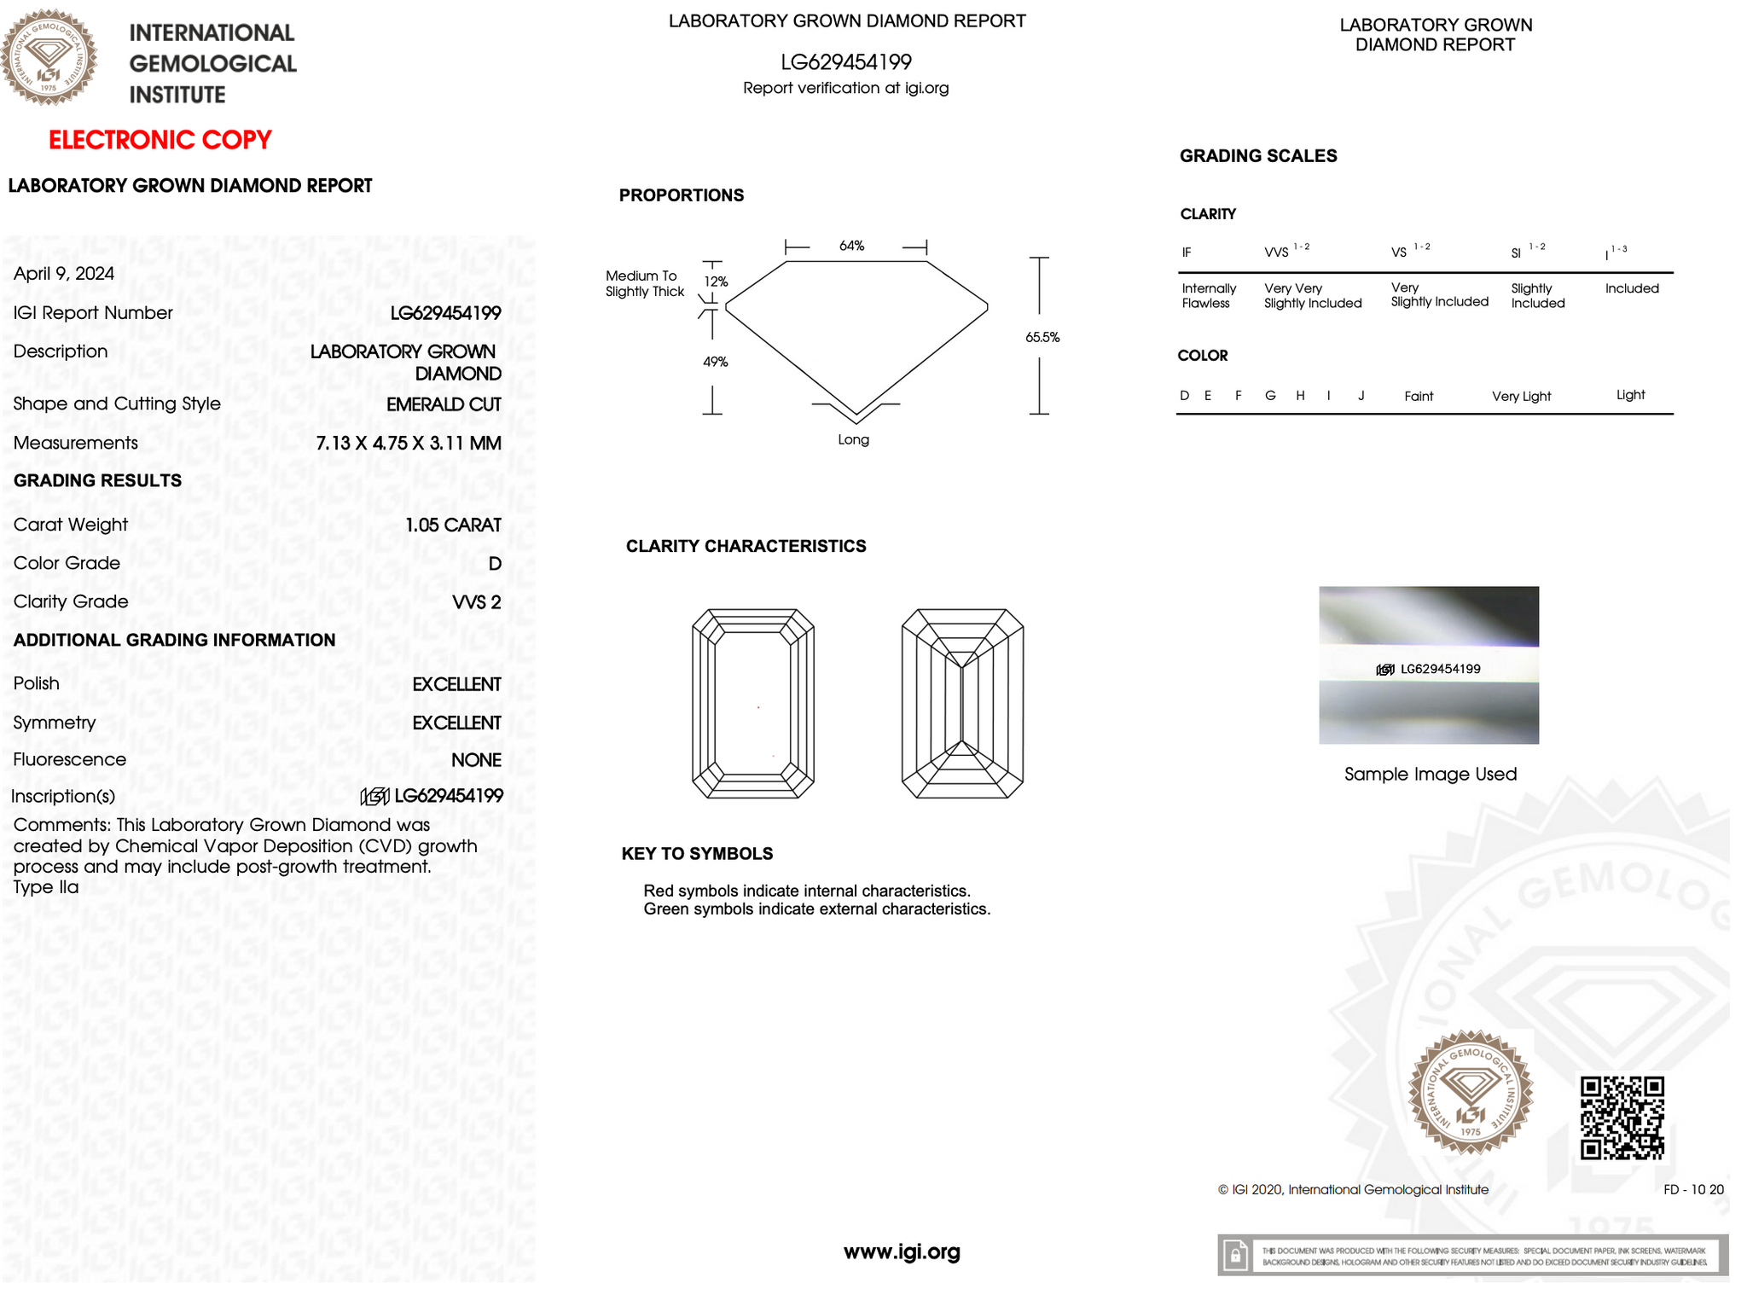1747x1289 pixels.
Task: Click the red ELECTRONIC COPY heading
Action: pyautogui.click(x=160, y=140)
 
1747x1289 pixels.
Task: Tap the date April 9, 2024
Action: pyautogui.click(x=64, y=274)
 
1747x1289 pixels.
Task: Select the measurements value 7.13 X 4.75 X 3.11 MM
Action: pyautogui.click(x=408, y=444)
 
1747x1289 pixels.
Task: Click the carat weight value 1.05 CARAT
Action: pyautogui.click(x=453, y=525)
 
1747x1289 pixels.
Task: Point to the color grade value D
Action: pyautogui.click(x=495, y=564)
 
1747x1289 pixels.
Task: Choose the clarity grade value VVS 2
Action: pyautogui.click(x=476, y=602)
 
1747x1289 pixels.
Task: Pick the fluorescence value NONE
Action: pyautogui.click(x=476, y=760)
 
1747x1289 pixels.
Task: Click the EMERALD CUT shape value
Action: pyautogui.click(x=444, y=404)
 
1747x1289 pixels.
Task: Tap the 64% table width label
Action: pyautogui.click(x=851, y=247)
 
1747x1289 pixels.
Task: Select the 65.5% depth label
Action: pyautogui.click(x=1042, y=338)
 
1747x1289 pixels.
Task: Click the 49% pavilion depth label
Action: pyautogui.click(x=716, y=363)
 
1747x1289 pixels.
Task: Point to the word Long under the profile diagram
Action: pyautogui.click(x=853, y=440)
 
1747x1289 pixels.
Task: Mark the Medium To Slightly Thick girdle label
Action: pyautogui.click(x=645, y=284)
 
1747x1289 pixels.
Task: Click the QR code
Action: pyautogui.click(x=1622, y=1118)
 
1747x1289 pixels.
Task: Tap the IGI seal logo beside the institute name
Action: pyautogui.click(x=49, y=57)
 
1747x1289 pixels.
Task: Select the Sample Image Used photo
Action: pyautogui.click(x=1429, y=665)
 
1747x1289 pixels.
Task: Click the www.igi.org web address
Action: pyautogui.click(x=902, y=1252)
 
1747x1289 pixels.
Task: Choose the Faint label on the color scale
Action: pyautogui.click(x=1419, y=397)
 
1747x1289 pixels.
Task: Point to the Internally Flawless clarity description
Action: pyautogui.click(x=1209, y=296)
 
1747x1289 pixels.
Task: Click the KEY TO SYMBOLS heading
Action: pyautogui.click(x=697, y=854)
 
